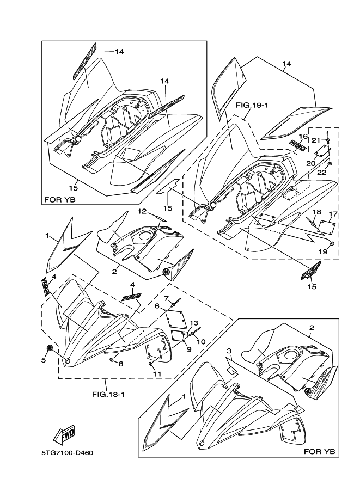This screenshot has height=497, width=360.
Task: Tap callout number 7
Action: click(x=121, y=364)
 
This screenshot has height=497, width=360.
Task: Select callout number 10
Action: click(x=157, y=373)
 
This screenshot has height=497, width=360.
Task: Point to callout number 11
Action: click(x=141, y=211)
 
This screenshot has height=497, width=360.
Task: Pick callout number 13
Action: click(x=303, y=136)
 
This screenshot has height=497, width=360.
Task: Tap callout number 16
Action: click(x=334, y=214)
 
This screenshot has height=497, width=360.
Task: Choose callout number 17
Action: click(x=317, y=211)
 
